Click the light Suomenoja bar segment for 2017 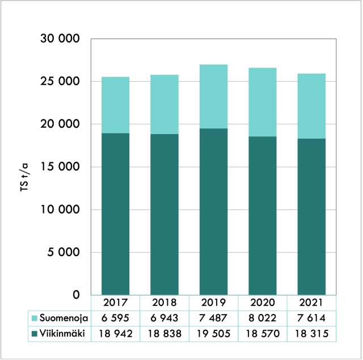coord(115,105)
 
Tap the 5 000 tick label coord(61,253)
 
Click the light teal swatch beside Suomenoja coord(35,319)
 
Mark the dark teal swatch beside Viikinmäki coord(35,333)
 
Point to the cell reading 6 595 coord(115,319)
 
